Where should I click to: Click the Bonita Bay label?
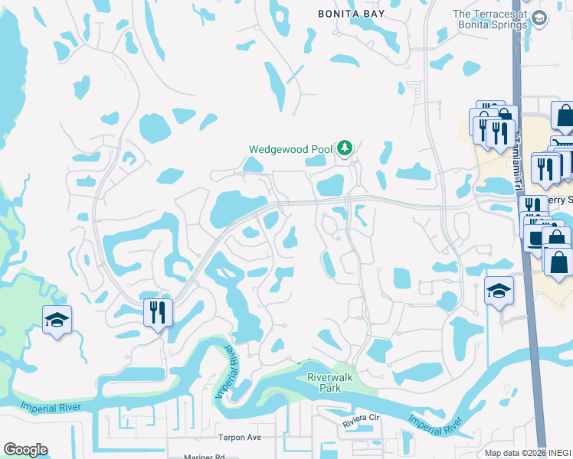pyautogui.click(x=352, y=14)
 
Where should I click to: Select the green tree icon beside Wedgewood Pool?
pyautogui.click(x=345, y=147)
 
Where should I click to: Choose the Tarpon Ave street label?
pyautogui.click(x=239, y=438)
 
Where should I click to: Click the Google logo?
pyautogui.click(x=25, y=450)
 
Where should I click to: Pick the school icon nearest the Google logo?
pyautogui.click(x=57, y=321)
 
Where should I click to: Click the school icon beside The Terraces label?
pyautogui.click(x=539, y=18)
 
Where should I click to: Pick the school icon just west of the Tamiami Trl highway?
pyautogui.click(x=499, y=291)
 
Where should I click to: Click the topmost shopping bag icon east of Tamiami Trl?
pyautogui.click(x=565, y=116)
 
